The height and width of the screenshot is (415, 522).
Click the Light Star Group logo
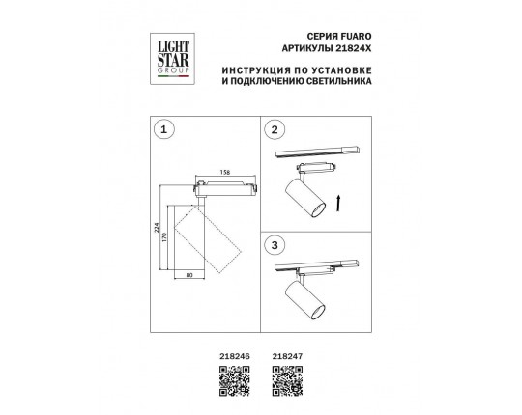pyautogui.click(x=172, y=59)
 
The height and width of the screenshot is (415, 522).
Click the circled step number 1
pyautogui.click(x=163, y=129)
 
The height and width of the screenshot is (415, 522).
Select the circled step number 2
pyautogui.click(x=275, y=129)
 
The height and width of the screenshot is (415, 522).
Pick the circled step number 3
pyautogui.click(x=275, y=245)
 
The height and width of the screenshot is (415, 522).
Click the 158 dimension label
pyautogui.click(x=225, y=173)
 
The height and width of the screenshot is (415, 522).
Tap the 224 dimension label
pyautogui.click(x=157, y=227)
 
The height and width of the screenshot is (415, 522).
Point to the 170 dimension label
pyautogui.click(x=163, y=237)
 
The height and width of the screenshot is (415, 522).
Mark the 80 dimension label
pyautogui.click(x=189, y=275)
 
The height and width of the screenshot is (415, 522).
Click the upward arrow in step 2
pyautogui.click(x=338, y=203)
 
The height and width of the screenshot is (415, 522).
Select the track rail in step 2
pyautogui.click(x=317, y=152)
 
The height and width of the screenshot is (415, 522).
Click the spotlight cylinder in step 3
pyautogui.click(x=304, y=300)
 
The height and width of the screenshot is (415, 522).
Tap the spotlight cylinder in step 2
pyautogui.click(x=304, y=198)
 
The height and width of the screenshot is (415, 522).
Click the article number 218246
pyautogui.click(x=235, y=356)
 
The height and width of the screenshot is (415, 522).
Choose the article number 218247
pyautogui.click(x=288, y=356)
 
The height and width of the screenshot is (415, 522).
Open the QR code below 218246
pyautogui.click(x=235, y=381)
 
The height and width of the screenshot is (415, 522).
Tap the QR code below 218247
pyautogui.click(x=288, y=381)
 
